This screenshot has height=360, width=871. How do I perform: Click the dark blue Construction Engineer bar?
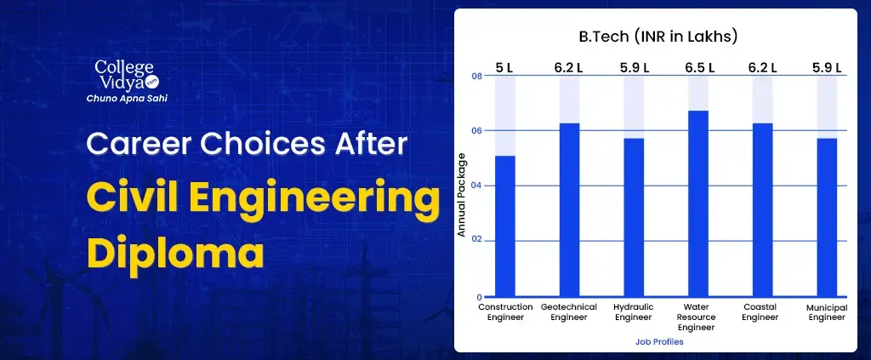[x=505, y=226]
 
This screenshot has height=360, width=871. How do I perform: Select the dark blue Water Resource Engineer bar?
[x=698, y=203]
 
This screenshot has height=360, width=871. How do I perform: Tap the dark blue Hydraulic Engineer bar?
[x=634, y=217]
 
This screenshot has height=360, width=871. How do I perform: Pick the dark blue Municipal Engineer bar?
[x=827, y=217]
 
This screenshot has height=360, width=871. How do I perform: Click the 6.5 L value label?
[x=699, y=68]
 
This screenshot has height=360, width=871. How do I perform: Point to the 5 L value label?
[x=504, y=68]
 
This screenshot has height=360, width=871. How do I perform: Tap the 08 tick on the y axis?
[x=476, y=76]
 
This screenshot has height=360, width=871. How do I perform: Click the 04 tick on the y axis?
[x=476, y=186]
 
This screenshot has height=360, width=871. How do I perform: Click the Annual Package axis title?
[x=462, y=194]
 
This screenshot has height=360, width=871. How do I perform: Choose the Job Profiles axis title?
[x=659, y=341]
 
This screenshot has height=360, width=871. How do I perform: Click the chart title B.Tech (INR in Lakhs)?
[x=658, y=37]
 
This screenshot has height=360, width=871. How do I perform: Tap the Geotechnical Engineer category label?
[x=569, y=312]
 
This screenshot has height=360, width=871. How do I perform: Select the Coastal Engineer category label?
[x=760, y=312]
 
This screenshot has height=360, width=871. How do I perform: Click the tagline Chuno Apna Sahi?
[x=128, y=99]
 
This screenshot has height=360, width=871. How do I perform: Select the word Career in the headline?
[x=142, y=144]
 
